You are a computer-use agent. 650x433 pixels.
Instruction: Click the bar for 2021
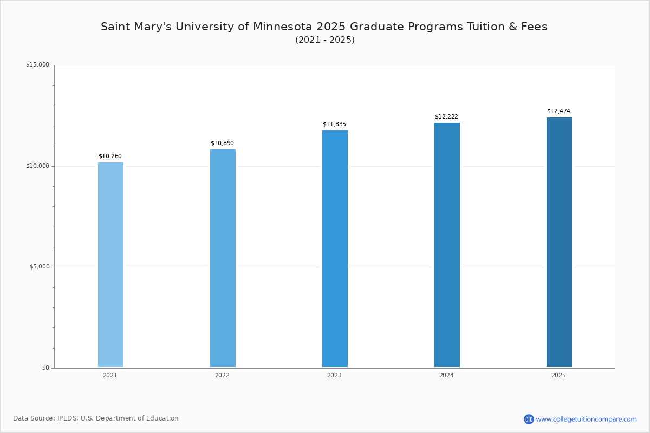pyautogui.click(x=110, y=265)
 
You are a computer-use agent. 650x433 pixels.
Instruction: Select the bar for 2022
pyautogui.click(x=223, y=258)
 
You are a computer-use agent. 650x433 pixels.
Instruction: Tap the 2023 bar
pyautogui.click(x=335, y=249)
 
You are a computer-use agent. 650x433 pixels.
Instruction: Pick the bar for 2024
pyautogui.click(x=447, y=245)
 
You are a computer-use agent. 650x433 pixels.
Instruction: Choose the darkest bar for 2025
pyautogui.click(x=559, y=242)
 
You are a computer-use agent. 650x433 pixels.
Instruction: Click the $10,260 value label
pyautogui.click(x=110, y=156)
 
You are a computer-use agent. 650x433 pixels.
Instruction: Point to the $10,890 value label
pyautogui.click(x=222, y=143)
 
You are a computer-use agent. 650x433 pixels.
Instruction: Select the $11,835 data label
pyautogui.click(x=334, y=124)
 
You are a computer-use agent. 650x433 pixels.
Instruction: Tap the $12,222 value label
pyautogui.click(x=446, y=117)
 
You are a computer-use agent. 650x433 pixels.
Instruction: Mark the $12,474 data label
pyautogui.click(x=558, y=111)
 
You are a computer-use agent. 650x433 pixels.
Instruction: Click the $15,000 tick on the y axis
pyautogui.click(x=37, y=65)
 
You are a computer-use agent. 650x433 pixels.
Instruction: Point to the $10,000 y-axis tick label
pyautogui.click(x=37, y=166)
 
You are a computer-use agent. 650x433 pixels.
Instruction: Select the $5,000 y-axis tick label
pyautogui.click(x=39, y=267)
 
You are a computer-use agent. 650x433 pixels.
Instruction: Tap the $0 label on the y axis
pyautogui.click(x=45, y=368)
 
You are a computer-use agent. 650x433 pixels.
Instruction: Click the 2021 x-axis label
pyautogui.click(x=110, y=376)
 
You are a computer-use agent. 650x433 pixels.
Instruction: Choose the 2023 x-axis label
pyautogui.click(x=334, y=376)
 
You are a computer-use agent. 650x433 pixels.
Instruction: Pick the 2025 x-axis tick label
pyautogui.click(x=558, y=376)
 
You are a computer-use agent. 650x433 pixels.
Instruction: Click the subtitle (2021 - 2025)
pyautogui.click(x=325, y=40)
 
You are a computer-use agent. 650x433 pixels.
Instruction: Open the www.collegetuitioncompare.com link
pyautogui.click(x=586, y=419)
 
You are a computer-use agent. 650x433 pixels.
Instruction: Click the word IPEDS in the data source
pyautogui.click(x=67, y=418)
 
